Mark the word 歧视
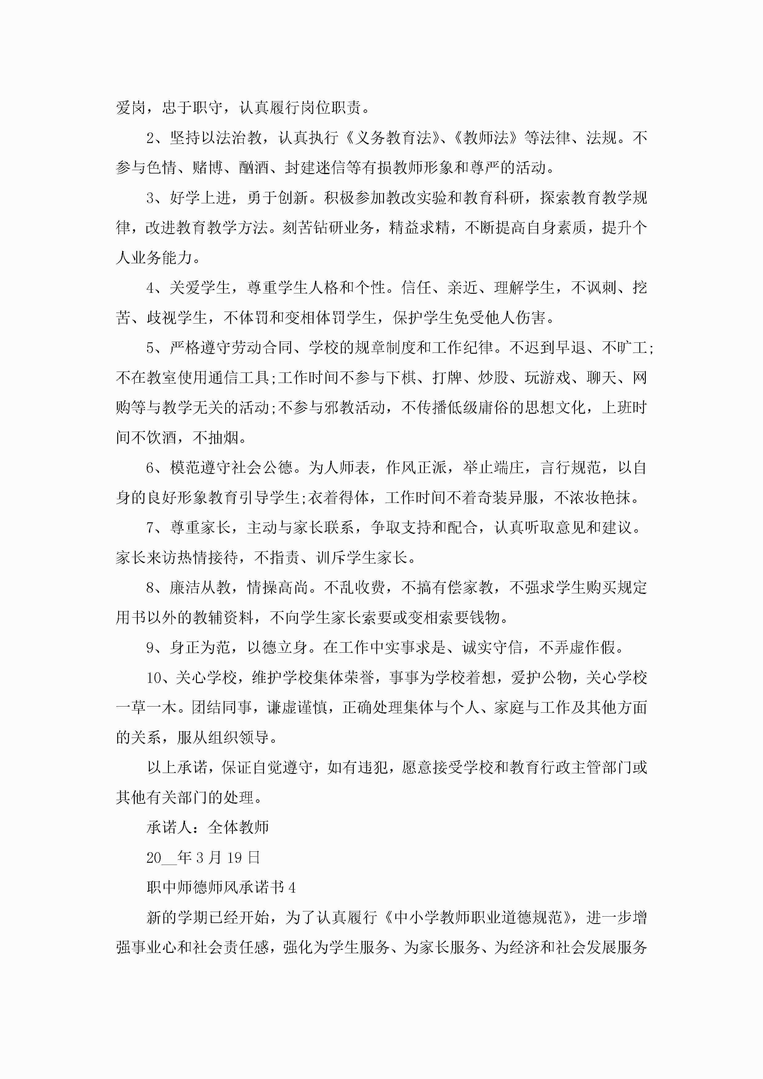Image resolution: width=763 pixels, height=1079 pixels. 162,318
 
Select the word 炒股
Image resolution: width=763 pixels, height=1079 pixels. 493,378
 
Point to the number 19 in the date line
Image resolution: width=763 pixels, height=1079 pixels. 234,858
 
